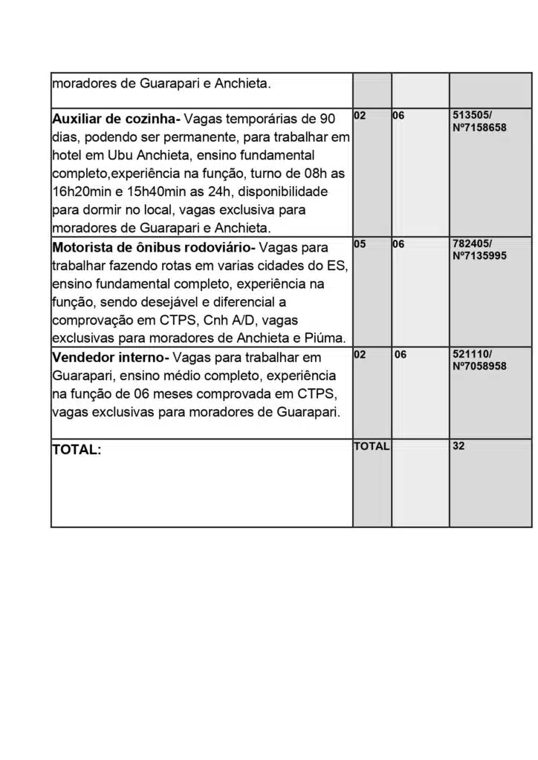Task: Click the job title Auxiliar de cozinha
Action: pyautogui.click(x=115, y=119)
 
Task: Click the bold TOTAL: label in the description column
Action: pyautogui.click(x=77, y=450)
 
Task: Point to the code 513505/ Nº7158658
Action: pyautogui.click(x=479, y=122)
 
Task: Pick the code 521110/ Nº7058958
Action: pyautogui.click(x=479, y=360)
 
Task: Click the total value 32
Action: pyautogui.click(x=458, y=447)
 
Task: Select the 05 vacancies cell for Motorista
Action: pyautogui.click(x=360, y=243)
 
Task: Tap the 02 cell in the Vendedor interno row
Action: pyautogui.click(x=360, y=355)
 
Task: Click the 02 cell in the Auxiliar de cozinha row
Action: pyautogui.click(x=360, y=117)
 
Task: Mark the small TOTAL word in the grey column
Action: pyautogui.click(x=372, y=447)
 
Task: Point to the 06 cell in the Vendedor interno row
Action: pyautogui.click(x=401, y=355)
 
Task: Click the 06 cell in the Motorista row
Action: pyautogui.click(x=398, y=243)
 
